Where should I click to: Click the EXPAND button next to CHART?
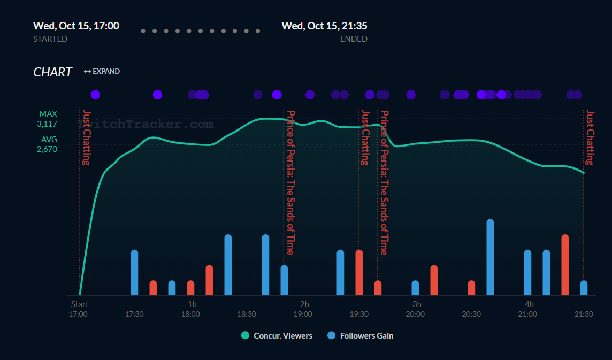click(102, 71)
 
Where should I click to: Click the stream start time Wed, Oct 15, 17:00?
click(76, 26)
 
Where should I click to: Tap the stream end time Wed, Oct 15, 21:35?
click(324, 26)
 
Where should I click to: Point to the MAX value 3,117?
click(47, 124)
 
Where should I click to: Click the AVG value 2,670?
click(47, 149)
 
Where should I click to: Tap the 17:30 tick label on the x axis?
click(134, 314)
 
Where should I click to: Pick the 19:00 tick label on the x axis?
click(303, 314)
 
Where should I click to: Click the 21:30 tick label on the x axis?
click(583, 314)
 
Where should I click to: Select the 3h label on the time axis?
click(417, 304)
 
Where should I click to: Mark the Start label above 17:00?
click(80, 304)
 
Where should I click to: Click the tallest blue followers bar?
click(490, 257)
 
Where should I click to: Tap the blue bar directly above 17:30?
click(134, 272)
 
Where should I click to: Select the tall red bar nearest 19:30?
click(359, 272)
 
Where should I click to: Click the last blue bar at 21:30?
click(584, 288)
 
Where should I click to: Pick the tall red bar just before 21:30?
click(565, 265)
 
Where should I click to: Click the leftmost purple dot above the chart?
click(95, 95)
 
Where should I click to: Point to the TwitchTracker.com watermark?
click(147, 124)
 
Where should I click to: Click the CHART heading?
click(52, 72)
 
